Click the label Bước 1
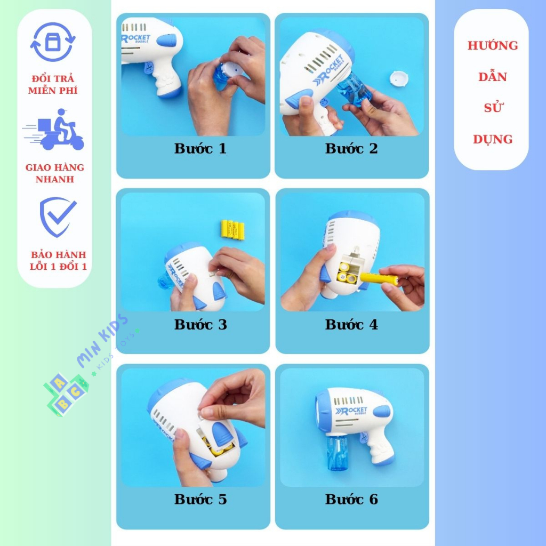(x=200, y=149)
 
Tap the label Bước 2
(x=351, y=149)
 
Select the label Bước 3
(x=200, y=324)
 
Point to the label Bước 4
(x=351, y=324)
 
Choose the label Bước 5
(x=200, y=500)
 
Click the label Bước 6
(x=351, y=500)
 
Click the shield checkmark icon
(x=58, y=216)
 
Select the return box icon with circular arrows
(x=53, y=42)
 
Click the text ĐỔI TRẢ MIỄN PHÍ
(x=53, y=85)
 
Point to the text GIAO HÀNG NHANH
(x=54, y=173)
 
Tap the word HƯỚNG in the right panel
(x=493, y=46)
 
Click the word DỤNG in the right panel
(x=493, y=140)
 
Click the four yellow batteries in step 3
(x=232, y=230)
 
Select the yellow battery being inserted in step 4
(x=378, y=278)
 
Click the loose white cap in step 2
(x=399, y=78)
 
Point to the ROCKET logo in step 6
(x=351, y=411)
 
